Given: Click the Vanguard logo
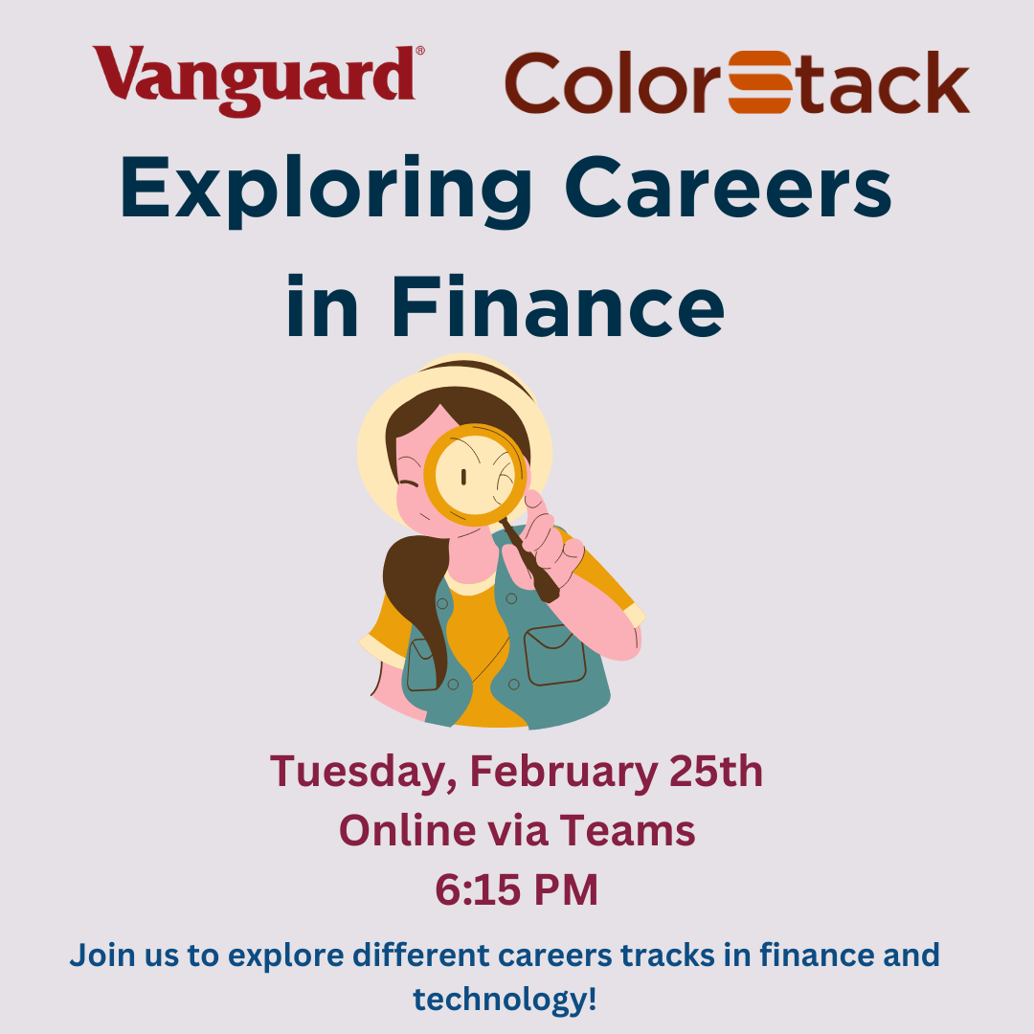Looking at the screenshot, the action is [x=258, y=79].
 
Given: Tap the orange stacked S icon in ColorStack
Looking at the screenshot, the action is [x=759, y=82].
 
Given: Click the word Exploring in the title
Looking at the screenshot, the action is [x=326, y=191].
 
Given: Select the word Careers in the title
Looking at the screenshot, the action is [x=728, y=187].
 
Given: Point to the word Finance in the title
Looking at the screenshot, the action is [x=558, y=306].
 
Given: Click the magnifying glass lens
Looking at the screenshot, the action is [x=475, y=475].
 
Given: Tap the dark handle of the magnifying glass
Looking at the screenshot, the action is [x=529, y=561].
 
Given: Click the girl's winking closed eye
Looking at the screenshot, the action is [x=409, y=487].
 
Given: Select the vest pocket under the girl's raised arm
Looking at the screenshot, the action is [x=554, y=656].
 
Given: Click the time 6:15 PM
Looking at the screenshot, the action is [x=516, y=889].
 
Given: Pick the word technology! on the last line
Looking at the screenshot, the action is [x=506, y=1000].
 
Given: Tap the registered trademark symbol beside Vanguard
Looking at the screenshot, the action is [x=420, y=50].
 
